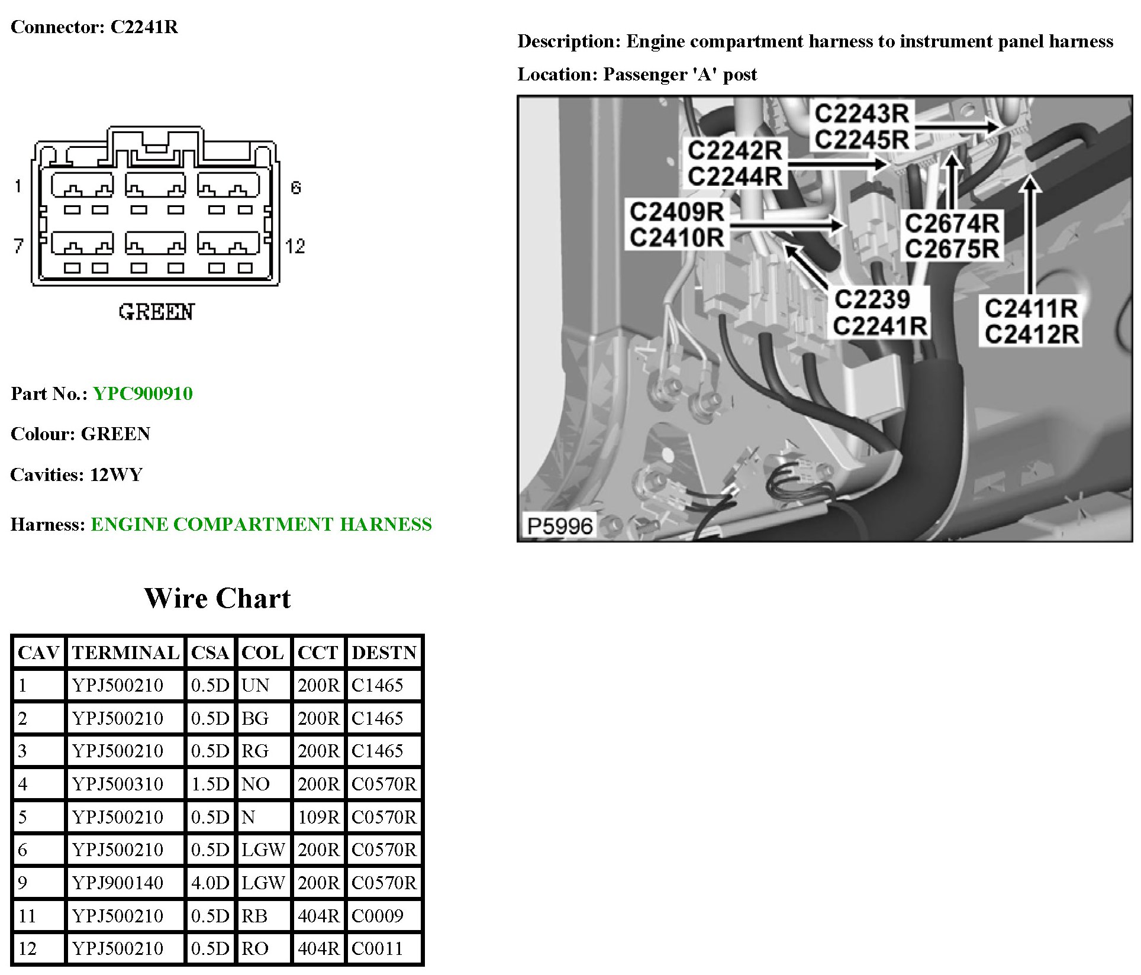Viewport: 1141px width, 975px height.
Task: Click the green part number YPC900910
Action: point(143,394)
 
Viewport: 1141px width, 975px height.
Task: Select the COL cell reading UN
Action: point(255,686)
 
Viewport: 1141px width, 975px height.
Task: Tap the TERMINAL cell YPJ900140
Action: point(117,883)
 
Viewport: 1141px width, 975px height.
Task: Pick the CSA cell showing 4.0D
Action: point(209,883)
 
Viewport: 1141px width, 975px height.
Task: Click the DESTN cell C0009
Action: point(377,916)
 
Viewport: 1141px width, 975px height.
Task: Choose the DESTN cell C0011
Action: point(377,949)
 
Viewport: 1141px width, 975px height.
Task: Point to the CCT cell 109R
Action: point(318,818)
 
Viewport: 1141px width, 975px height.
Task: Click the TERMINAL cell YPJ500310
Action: point(117,784)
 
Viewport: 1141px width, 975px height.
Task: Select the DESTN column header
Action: point(384,653)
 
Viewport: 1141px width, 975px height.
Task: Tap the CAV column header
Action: point(38,653)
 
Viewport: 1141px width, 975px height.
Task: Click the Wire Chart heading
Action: point(217,599)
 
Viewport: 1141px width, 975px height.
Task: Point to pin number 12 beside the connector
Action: point(295,246)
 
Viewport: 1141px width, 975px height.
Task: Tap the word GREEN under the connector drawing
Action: point(156,312)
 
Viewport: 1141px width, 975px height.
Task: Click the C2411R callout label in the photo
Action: point(1030,309)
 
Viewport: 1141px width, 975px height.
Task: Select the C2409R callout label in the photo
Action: point(676,212)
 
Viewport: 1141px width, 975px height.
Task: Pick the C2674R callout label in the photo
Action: point(952,224)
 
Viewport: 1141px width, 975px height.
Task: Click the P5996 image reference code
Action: point(559,526)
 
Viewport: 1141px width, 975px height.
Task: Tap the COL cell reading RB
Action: point(254,916)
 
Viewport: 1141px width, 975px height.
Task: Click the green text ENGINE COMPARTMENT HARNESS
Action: point(261,525)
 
